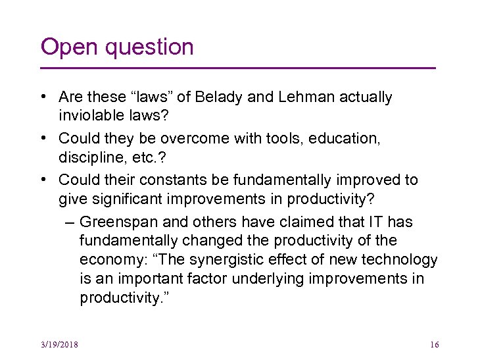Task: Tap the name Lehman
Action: [x=306, y=97]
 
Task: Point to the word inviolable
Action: [x=93, y=116]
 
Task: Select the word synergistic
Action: [x=227, y=260]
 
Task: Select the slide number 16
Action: [x=433, y=344]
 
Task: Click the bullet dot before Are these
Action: [x=42, y=98]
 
